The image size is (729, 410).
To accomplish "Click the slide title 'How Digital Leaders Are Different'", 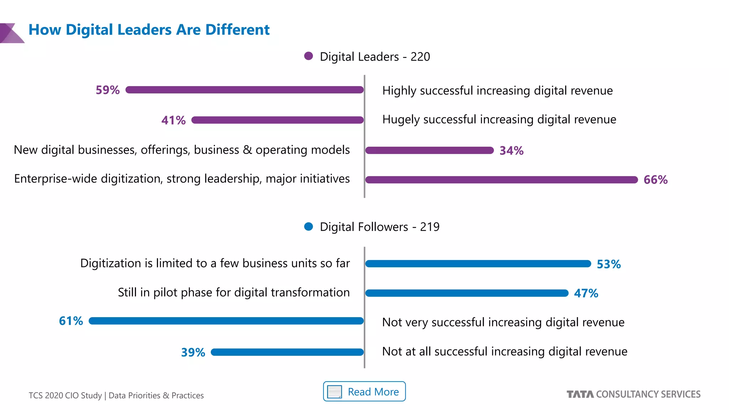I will tap(149, 30).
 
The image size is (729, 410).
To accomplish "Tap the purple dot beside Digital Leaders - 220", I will tap(309, 56).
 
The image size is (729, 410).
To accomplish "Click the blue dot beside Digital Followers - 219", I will tap(309, 226).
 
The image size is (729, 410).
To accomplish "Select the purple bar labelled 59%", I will tap(245, 90).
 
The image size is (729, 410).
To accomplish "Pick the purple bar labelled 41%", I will tap(278, 120).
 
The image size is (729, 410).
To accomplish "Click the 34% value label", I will tap(512, 151).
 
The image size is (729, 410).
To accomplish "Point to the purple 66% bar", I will tap(501, 180).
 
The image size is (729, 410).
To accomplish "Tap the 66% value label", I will tap(655, 180).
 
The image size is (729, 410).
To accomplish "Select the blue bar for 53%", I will tap(478, 264).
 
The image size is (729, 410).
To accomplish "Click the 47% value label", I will tap(586, 293).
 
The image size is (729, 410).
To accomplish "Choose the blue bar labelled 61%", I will tap(226, 321).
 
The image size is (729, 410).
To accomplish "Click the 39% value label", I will tap(193, 352).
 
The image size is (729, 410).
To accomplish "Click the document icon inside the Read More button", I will tap(334, 392).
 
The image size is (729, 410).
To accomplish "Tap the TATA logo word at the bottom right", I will tap(580, 394).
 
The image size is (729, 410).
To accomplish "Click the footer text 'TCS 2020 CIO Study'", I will tap(65, 395).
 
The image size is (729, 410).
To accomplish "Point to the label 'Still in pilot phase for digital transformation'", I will tap(234, 292).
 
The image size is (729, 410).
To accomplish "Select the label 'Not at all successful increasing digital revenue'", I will tap(504, 351).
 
